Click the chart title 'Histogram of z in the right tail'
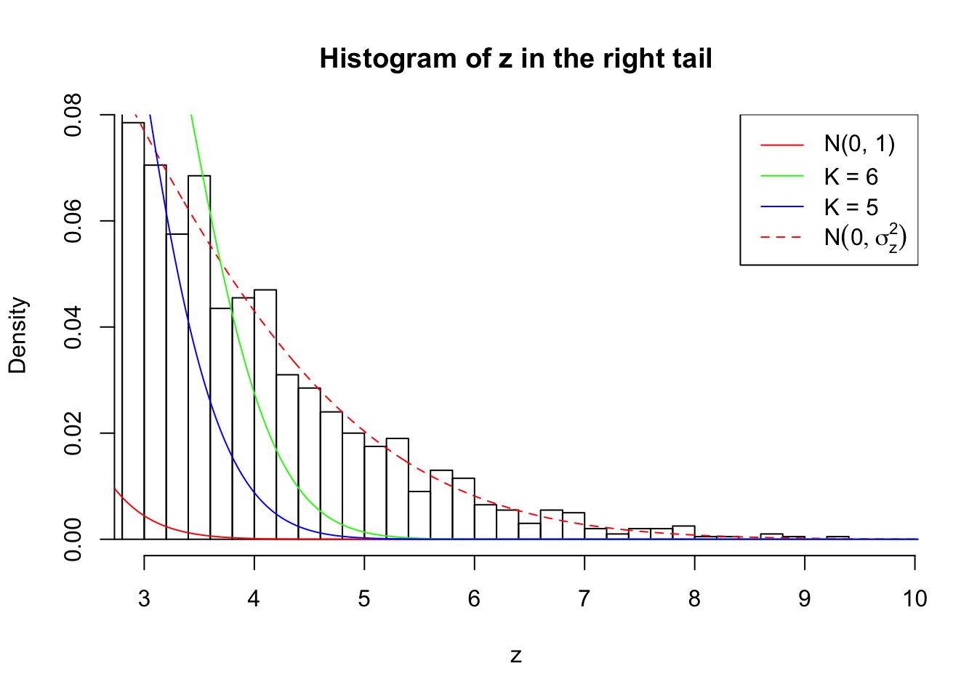[515, 59]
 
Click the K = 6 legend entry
[851, 177]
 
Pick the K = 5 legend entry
[851, 207]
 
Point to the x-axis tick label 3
[144, 598]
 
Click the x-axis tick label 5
[364, 598]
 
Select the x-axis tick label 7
[584, 598]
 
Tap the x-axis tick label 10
[914, 598]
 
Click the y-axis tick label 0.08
[73, 116]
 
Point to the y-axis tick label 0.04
[73, 327]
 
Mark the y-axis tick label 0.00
[73, 539]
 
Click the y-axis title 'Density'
[17, 335]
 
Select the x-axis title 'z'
[515, 656]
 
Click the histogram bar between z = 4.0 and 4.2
[265, 414]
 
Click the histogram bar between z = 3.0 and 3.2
[155, 352]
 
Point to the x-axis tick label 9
[805, 598]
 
